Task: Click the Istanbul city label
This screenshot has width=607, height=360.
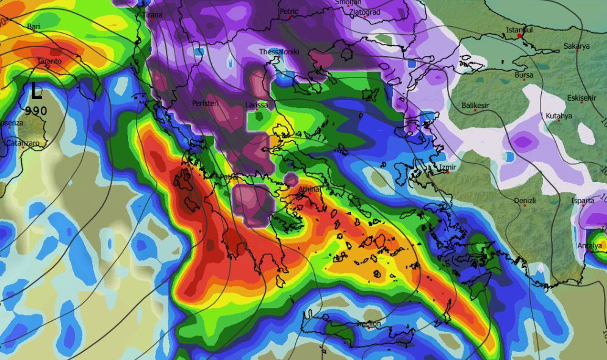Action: [x=519, y=30]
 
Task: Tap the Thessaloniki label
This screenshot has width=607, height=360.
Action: [x=279, y=52]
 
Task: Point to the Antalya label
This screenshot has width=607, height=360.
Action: [x=589, y=246]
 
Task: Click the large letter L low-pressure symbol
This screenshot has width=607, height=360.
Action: [x=37, y=92]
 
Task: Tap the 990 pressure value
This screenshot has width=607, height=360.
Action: [x=36, y=110]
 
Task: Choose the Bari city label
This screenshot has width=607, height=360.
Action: [x=34, y=26]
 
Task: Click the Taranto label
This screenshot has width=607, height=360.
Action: [x=49, y=62]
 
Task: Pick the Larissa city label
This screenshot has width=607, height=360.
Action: [x=256, y=105]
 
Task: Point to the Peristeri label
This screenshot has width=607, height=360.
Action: [x=205, y=103]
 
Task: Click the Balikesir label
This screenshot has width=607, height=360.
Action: [x=476, y=106]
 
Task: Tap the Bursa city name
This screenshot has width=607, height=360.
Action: [x=523, y=76]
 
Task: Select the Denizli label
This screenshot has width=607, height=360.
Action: [x=525, y=200]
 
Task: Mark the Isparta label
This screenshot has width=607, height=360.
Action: [x=583, y=201]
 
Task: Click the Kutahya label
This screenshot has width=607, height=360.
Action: [x=559, y=116]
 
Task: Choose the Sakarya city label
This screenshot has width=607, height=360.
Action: [x=576, y=46]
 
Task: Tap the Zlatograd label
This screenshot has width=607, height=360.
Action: [x=365, y=12]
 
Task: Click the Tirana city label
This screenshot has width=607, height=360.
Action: [x=153, y=15]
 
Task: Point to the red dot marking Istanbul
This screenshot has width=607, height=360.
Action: [x=519, y=36]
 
